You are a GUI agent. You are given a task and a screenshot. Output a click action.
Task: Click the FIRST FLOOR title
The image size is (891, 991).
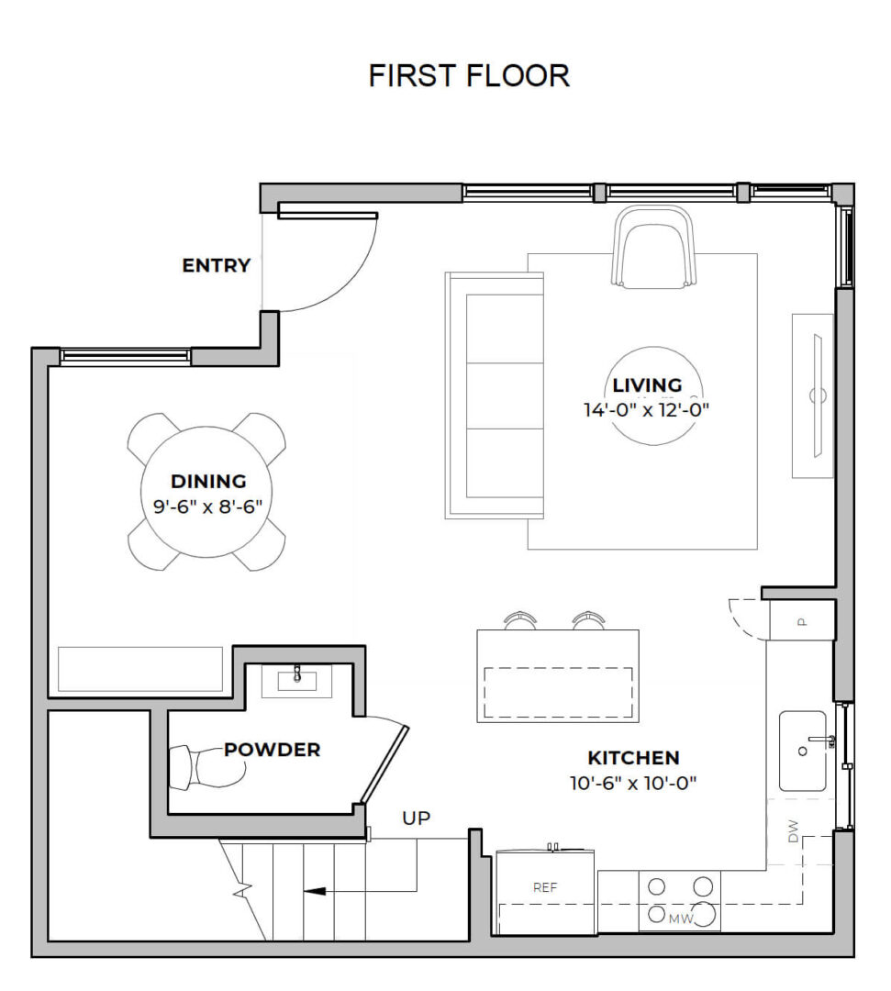click(469, 75)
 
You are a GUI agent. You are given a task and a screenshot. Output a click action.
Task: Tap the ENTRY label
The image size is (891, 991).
click(216, 266)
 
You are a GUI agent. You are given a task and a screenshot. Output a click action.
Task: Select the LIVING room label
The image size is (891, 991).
click(647, 385)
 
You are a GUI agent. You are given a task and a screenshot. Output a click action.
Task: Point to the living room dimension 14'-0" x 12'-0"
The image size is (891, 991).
click(647, 410)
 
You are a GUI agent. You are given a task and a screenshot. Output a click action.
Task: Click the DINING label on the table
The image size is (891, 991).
click(208, 481)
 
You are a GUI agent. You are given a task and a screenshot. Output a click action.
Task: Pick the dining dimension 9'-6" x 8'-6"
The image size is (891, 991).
click(208, 505)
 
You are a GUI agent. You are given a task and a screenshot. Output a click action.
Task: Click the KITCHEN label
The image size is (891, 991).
click(633, 758)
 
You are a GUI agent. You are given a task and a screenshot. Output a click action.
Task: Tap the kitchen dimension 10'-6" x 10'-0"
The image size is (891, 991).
click(633, 783)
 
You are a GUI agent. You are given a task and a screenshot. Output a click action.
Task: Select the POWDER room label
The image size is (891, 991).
click(273, 750)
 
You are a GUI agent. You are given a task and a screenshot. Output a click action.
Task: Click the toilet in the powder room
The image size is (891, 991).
click(200, 767)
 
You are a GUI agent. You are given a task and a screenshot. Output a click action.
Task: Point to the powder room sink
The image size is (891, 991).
click(297, 680)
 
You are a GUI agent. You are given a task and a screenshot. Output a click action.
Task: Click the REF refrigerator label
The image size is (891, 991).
click(546, 887)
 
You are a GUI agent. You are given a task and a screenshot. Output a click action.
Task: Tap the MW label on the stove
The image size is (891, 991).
click(679, 918)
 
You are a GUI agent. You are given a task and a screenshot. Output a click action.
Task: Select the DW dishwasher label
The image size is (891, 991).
click(793, 831)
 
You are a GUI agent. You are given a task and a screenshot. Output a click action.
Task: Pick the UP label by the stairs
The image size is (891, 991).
click(416, 818)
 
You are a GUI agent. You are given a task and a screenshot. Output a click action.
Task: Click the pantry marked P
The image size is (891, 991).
click(801, 620)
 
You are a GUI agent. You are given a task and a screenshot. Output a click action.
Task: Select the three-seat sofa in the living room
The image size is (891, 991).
click(496, 395)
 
